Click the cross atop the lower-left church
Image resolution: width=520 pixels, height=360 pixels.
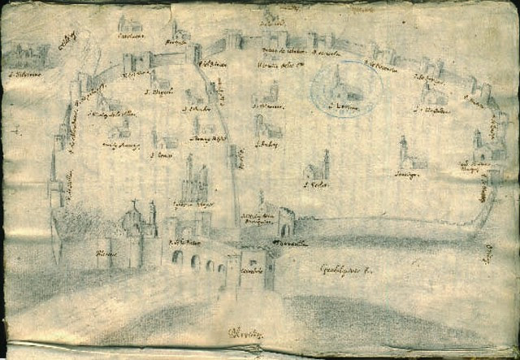point(134,204)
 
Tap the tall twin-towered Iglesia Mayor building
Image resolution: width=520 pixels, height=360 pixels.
point(194,179)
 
